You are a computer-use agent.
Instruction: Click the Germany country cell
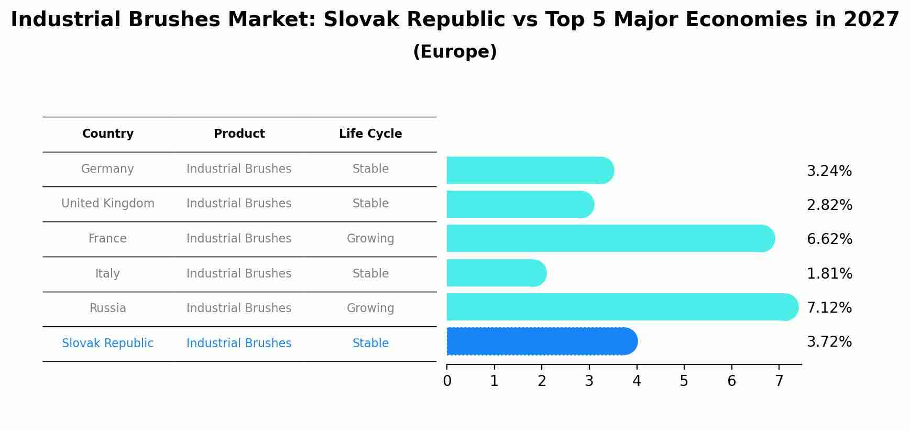point(107,169)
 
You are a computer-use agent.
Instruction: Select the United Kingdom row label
point(107,204)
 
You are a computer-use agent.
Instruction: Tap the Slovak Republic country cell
point(107,344)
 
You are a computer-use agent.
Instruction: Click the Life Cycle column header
point(370,134)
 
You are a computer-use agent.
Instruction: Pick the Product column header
point(239,134)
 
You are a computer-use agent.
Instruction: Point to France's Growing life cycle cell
point(370,239)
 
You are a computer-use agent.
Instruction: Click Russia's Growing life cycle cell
point(370,308)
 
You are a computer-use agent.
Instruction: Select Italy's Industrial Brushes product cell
point(239,274)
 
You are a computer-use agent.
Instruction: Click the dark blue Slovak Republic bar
point(540,341)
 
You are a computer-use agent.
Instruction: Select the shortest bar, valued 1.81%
point(495,273)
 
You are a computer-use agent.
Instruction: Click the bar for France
point(608,239)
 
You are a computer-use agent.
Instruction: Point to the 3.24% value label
point(829,171)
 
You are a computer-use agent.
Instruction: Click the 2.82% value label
point(829,205)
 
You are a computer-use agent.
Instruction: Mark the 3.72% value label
point(829,342)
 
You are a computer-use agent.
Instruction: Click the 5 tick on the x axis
point(684,381)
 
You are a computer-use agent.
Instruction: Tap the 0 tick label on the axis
point(447,381)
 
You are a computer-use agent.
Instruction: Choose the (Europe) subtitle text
point(455,52)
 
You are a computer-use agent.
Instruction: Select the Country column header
point(107,134)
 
